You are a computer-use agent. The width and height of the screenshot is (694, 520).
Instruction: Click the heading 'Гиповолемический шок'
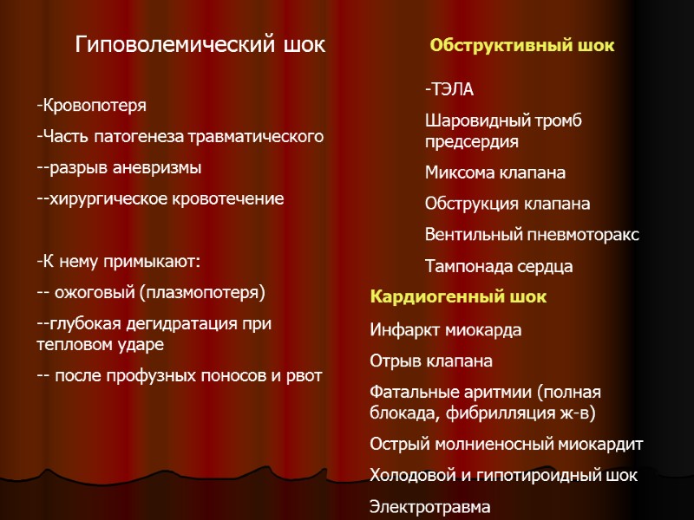click(200, 44)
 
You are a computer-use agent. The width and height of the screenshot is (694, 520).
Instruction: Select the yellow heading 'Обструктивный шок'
click(522, 45)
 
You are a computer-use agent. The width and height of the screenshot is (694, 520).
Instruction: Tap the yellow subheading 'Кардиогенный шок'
click(458, 297)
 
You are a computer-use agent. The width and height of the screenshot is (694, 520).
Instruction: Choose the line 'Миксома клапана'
click(494, 172)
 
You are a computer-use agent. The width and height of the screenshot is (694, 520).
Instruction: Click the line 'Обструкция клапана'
click(507, 204)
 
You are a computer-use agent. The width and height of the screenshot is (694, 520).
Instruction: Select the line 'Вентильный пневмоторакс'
click(532, 235)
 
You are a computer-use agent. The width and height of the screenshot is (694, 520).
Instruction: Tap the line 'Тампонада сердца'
click(499, 266)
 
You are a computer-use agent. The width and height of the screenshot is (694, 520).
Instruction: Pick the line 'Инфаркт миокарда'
click(446, 330)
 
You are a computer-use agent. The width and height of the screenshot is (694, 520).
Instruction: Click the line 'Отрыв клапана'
click(431, 361)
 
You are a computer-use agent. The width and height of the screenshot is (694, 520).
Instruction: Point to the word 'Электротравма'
click(429, 506)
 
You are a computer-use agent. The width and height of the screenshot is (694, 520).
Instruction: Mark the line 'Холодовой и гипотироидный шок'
click(503, 476)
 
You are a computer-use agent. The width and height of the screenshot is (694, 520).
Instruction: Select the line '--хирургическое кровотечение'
click(160, 198)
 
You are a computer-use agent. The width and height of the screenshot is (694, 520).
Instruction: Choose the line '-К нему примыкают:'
click(118, 261)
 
